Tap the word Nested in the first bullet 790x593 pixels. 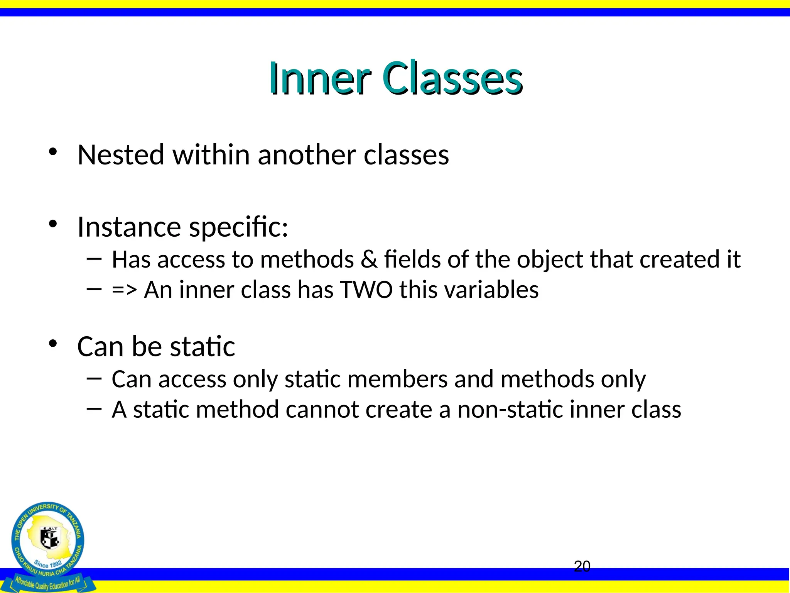coord(121,155)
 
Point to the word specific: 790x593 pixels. coord(238,228)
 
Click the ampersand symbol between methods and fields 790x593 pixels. coord(369,259)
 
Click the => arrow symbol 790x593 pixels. coord(124,290)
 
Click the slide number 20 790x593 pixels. coord(582,566)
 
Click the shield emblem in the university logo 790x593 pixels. coord(50,538)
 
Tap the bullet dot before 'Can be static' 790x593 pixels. coord(53,343)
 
